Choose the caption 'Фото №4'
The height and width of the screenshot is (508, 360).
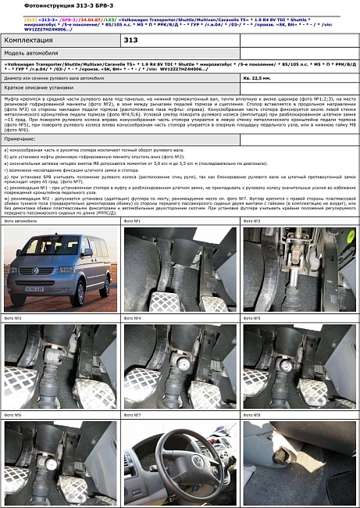(x=132, y=318)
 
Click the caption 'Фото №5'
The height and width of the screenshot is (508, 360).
(x=251, y=318)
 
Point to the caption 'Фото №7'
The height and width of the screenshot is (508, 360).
(x=132, y=414)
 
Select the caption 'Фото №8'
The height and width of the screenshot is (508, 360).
(x=251, y=414)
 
